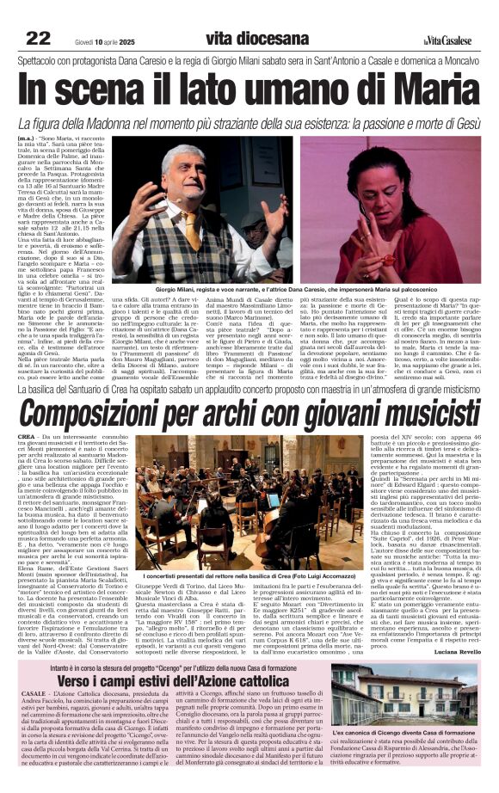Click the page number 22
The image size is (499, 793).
pos(38,38)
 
